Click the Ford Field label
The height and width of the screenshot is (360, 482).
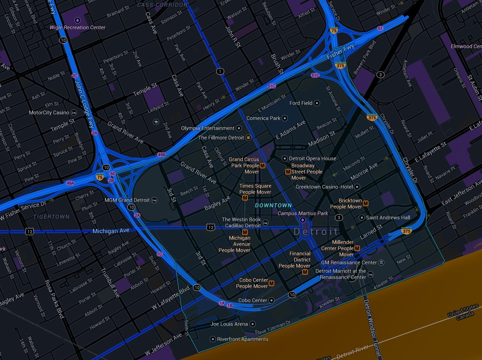[301, 103]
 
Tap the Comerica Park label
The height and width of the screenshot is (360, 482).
[264, 118]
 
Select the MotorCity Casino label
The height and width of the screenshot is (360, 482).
[49, 113]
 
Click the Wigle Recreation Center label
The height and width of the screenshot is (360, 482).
[78, 27]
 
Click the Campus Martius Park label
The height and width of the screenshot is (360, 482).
[303, 213]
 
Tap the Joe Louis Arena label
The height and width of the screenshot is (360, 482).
[229, 324]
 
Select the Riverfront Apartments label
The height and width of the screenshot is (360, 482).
[242, 339]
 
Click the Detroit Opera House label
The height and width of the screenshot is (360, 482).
[313, 158]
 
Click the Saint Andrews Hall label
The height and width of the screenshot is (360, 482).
[388, 218]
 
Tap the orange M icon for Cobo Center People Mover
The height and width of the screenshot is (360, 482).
[272, 283]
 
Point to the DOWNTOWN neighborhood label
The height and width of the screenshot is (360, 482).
[273, 205]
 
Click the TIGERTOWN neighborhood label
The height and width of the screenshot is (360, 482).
[51, 217]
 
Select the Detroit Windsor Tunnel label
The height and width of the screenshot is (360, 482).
[371, 326]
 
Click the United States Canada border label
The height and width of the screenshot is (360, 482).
[464, 315]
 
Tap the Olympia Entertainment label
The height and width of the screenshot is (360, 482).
[208, 128]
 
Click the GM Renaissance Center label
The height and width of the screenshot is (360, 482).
[349, 263]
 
